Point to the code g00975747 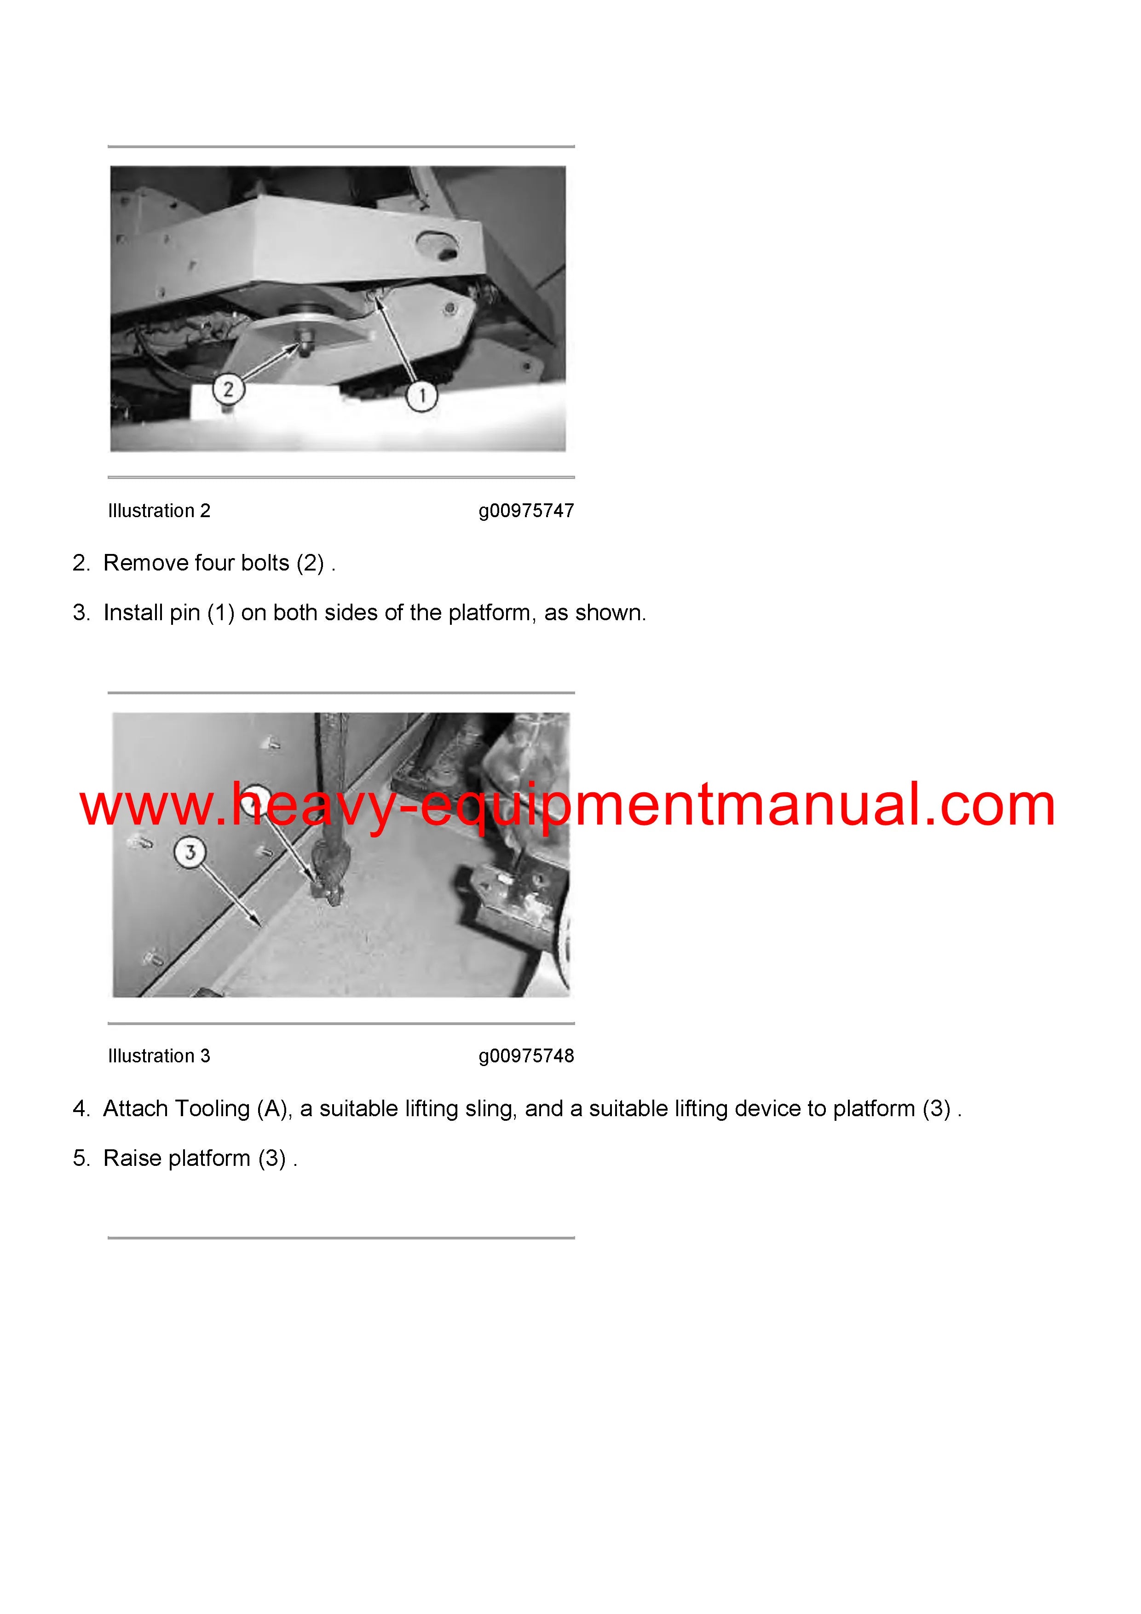click(526, 511)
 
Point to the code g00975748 click(526, 1056)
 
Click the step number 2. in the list click(81, 563)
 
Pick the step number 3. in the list click(81, 613)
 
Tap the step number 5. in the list click(81, 1159)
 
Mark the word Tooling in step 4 click(212, 1109)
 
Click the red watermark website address click(567, 806)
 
